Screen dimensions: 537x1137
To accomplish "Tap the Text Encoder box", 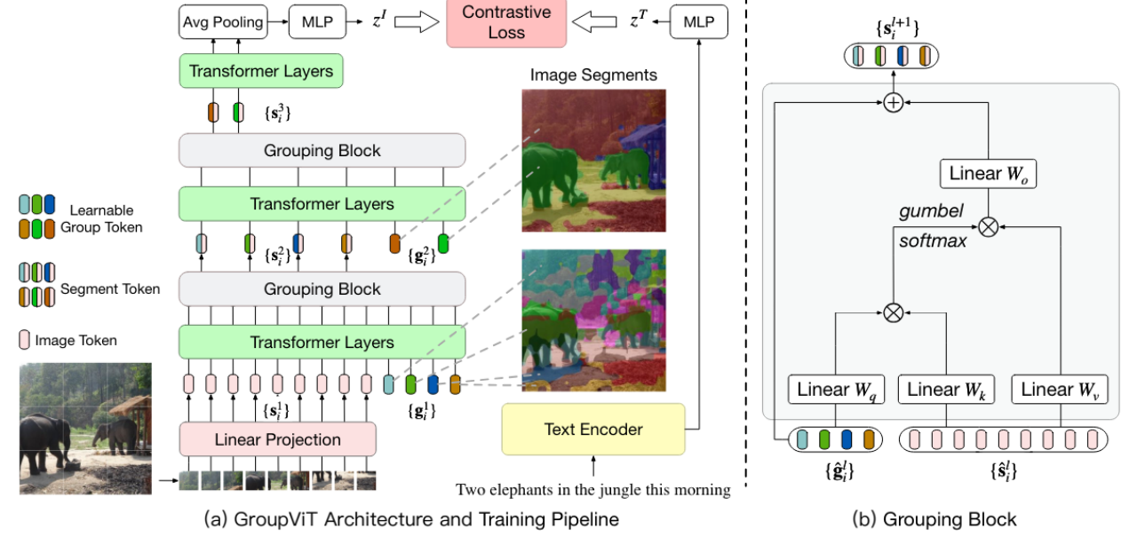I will pyautogui.click(x=593, y=430).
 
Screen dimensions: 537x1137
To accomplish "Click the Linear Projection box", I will pyautogui.click(x=277, y=439).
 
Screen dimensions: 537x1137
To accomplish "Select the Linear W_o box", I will pyautogui.click(x=987, y=173).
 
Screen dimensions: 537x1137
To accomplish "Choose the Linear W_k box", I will pyautogui.click(x=945, y=389).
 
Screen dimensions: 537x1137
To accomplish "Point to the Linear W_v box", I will pyautogui.click(x=1060, y=389).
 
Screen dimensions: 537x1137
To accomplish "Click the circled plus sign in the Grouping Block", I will pyautogui.click(x=894, y=103).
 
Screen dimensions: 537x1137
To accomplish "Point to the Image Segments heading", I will pyautogui.click(x=593, y=75).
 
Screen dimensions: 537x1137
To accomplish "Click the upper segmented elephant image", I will pyautogui.click(x=593, y=160).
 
